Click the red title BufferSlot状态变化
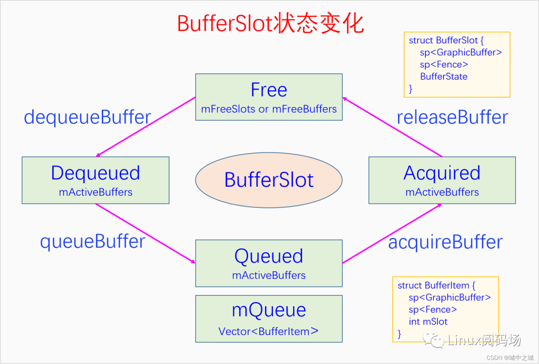(270, 23)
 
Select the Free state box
(269, 97)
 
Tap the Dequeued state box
(95, 180)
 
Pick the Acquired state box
(442, 180)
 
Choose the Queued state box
(269, 263)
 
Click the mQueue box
(269, 319)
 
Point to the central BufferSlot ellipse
(269, 180)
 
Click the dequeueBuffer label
(87, 117)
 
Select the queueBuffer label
(92, 241)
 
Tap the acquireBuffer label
(445, 242)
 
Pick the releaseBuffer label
(452, 117)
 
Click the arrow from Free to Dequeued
(145, 127)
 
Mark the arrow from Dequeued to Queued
(145, 233)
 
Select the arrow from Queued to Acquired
(392, 233)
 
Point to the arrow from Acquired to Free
(393, 127)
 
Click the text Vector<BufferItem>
(269, 331)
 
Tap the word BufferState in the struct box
(444, 76)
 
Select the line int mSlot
(428, 322)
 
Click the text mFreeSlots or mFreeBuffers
(269, 109)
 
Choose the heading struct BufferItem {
(437, 286)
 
